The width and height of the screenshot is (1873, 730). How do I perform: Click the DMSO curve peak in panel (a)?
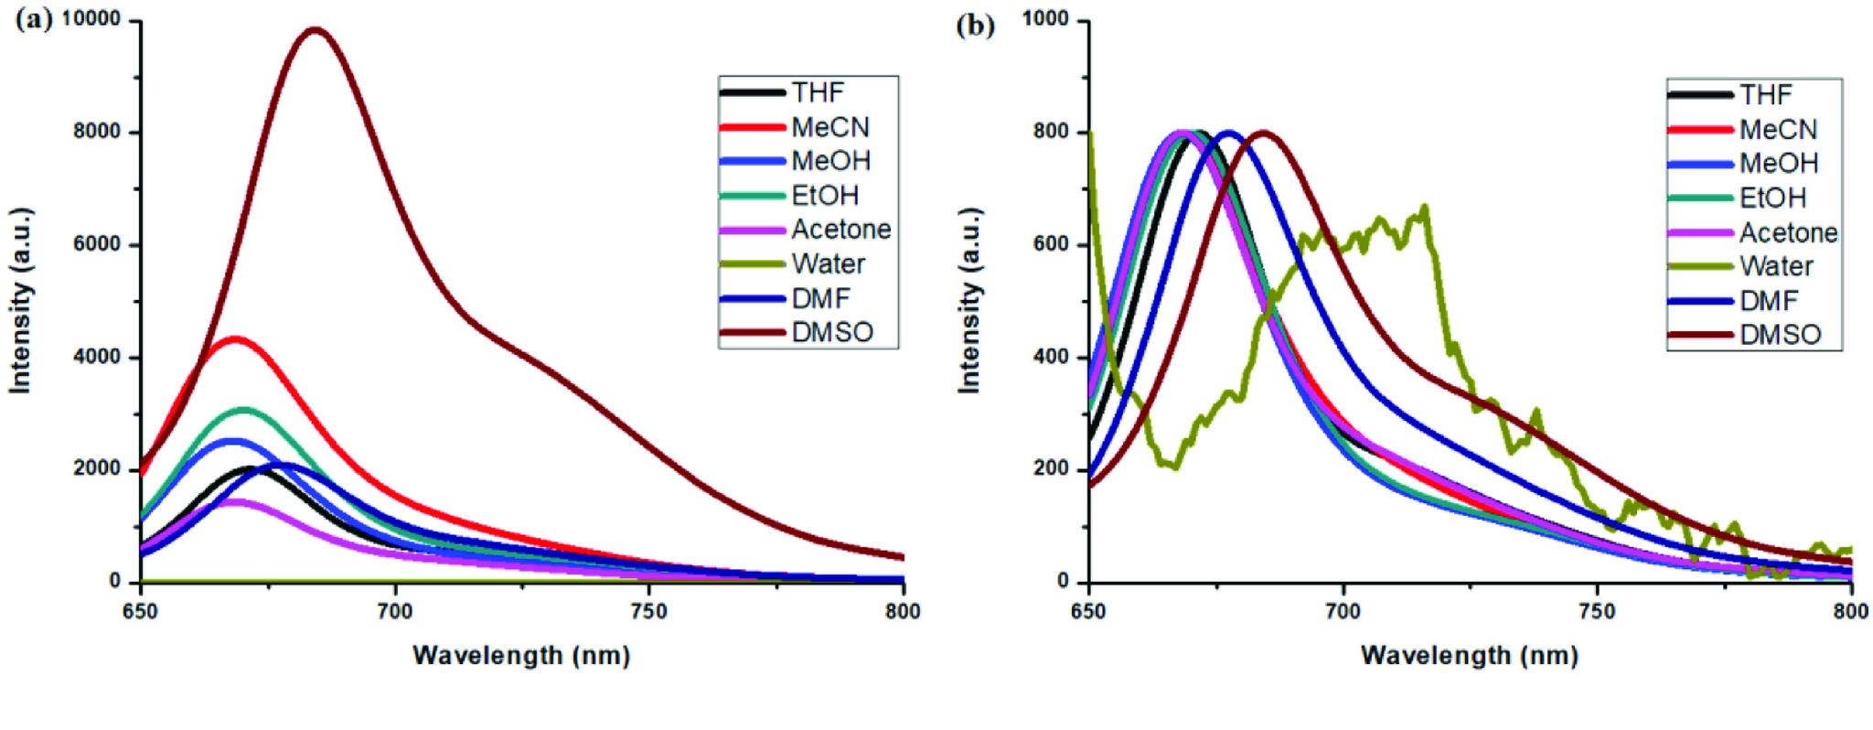[316, 30]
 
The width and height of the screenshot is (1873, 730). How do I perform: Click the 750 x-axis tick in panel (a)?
[648, 607]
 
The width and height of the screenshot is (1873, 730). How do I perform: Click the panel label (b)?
[975, 26]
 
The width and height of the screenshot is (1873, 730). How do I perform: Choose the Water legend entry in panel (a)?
[829, 264]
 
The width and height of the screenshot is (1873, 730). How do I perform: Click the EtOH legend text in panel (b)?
[1772, 198]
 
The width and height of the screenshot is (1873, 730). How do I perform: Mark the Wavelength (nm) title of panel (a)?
[521, 655]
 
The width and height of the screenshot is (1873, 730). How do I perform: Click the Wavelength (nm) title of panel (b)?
[1469, 655]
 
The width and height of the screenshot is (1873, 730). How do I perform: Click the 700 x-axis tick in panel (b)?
[1343, 607]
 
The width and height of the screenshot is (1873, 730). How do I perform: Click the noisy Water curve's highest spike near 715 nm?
[1425, 208]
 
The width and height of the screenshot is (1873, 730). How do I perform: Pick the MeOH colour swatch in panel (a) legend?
[752, 162]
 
